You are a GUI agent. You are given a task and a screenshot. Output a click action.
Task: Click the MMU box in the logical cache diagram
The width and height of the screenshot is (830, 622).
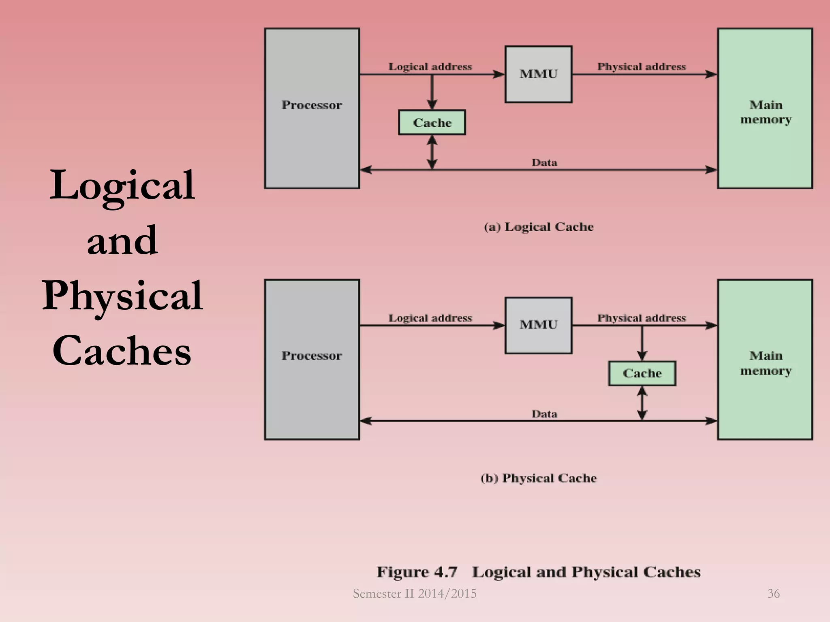[x=538, y=74]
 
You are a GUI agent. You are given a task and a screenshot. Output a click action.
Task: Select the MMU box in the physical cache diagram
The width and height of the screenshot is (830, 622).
[x=538, y=325]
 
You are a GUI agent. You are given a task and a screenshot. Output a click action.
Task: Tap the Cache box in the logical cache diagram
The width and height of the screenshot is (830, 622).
[x=432, y=122]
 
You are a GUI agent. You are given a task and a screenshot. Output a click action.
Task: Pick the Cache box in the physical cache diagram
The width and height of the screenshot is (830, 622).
[x=642, y=373]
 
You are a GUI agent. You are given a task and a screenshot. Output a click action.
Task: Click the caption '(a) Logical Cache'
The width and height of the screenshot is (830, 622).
[x=539, y=227]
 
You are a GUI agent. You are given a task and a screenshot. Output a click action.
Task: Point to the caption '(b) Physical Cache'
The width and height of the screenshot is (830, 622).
[x=539, y=478]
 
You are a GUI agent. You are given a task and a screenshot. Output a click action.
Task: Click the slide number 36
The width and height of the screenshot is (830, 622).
[x=773, y=594]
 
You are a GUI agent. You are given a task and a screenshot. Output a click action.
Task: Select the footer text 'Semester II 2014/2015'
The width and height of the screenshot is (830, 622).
[x=415, y=594]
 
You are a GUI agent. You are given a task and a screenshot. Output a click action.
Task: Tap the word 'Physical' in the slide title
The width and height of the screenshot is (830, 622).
[x=122, y=296]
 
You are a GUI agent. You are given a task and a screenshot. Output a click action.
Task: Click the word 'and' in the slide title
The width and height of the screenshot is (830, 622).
[x=122, y=241]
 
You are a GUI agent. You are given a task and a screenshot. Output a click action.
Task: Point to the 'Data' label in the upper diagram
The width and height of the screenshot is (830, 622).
[x=544, y=163]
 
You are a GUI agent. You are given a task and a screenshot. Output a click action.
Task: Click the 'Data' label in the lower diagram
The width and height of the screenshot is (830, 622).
[x=544, y=414]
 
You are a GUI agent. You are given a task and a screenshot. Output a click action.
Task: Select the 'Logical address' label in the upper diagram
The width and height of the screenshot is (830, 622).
[x=430, y=67]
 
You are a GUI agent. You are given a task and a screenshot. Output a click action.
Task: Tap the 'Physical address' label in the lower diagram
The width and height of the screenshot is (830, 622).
[x=642, y=318]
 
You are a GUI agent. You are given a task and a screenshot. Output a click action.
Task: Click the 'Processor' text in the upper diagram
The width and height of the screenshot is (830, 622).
[x=312, y=105]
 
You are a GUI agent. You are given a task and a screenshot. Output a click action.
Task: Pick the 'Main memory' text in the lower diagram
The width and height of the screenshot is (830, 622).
[x=766, y=363]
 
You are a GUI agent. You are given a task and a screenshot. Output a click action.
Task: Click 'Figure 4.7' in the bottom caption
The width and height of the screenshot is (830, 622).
[x=417, y=572]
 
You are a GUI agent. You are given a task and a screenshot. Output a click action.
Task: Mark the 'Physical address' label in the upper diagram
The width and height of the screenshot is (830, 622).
[x=642, y=67]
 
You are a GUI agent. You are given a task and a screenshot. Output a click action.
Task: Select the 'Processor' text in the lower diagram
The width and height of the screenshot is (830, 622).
[x=312, y=356]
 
